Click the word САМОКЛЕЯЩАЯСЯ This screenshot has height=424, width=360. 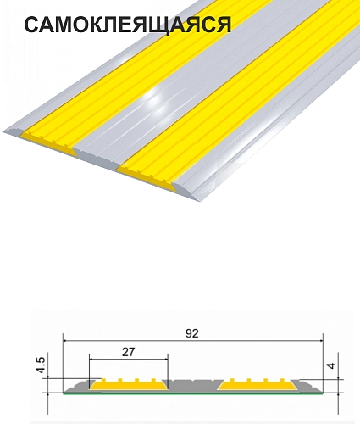coord(128,25)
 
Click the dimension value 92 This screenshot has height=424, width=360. coord(192,333)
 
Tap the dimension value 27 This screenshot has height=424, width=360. coord(129,352)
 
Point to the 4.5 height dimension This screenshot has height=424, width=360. coord(41,365)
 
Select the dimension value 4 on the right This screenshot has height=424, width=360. coord(332,365)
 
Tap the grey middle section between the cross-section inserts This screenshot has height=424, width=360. coord(193,385)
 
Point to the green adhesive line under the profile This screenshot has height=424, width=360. coord(193,393)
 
